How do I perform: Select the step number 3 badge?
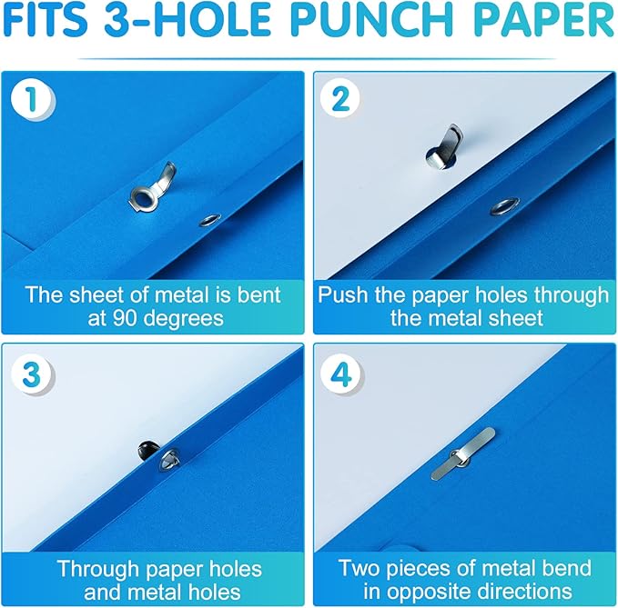point(32,374)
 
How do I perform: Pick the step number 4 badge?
point(340,374)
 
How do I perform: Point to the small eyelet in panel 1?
point(210,219)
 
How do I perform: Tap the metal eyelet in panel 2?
point(501,206)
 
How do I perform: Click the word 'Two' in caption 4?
point(359,569)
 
